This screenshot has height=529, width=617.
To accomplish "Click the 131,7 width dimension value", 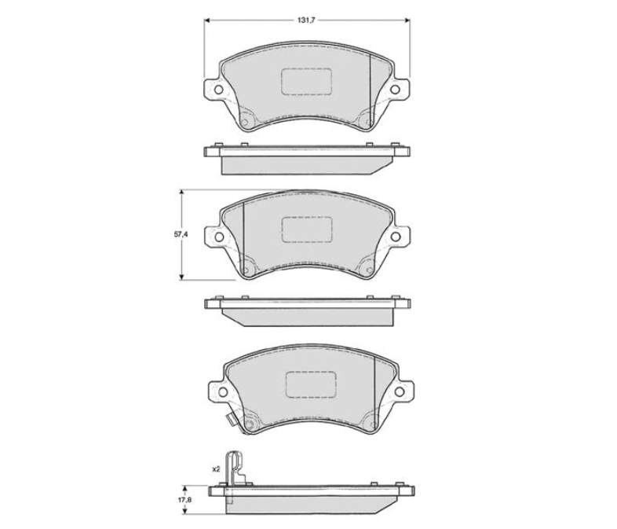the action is point(307,21).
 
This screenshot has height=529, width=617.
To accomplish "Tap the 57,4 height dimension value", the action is point(181,234).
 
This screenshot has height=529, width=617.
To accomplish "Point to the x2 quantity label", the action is point(216,469).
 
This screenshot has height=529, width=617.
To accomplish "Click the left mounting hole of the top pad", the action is point(218,90).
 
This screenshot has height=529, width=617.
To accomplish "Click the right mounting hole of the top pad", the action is point(395,90).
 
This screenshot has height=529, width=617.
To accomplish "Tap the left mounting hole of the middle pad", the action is point(219,237).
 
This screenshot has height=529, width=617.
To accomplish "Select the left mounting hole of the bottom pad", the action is point(223,392).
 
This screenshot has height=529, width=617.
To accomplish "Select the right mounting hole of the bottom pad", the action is point(399,391).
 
